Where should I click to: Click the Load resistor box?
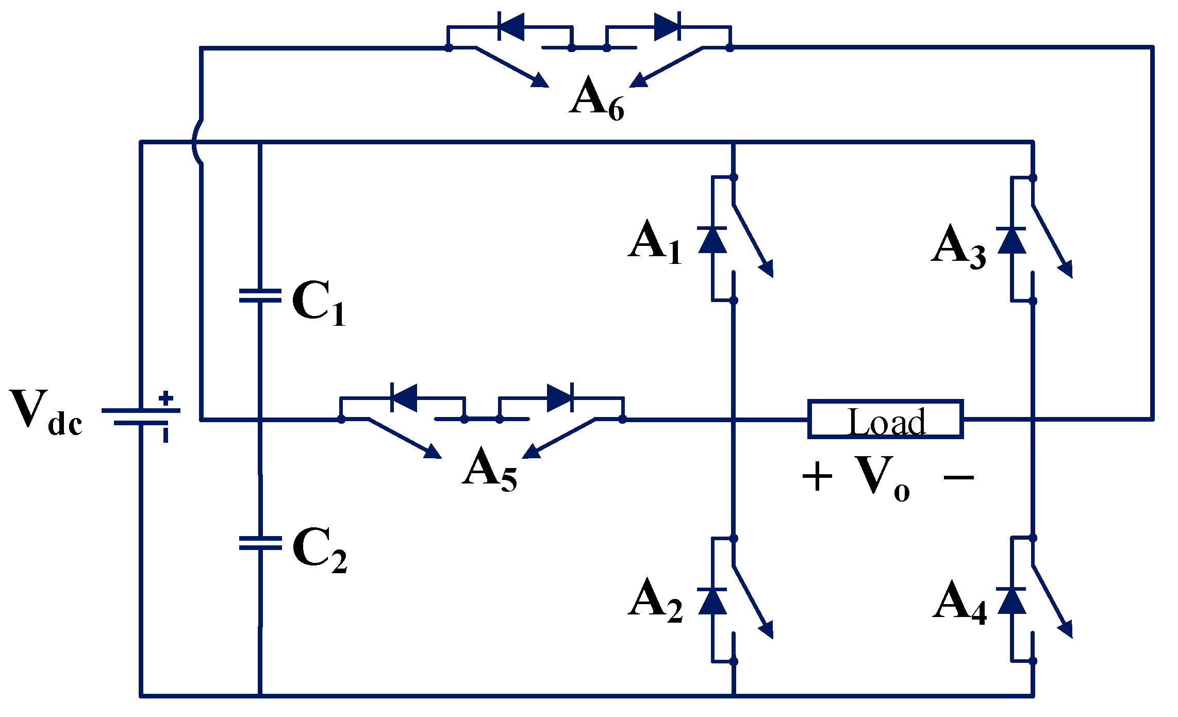point(885,419)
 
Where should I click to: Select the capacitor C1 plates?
point(260,295)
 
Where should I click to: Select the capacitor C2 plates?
point(260,543)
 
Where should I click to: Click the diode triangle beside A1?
point(712,240)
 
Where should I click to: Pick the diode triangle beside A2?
point(712,601)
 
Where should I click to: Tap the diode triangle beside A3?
point(1011,240)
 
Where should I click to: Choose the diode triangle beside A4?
point(1011,601)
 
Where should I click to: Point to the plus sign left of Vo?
point(817,477)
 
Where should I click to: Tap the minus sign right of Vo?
point(958,477)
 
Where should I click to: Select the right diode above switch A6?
point(667,26)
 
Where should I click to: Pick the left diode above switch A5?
point(404,398)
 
